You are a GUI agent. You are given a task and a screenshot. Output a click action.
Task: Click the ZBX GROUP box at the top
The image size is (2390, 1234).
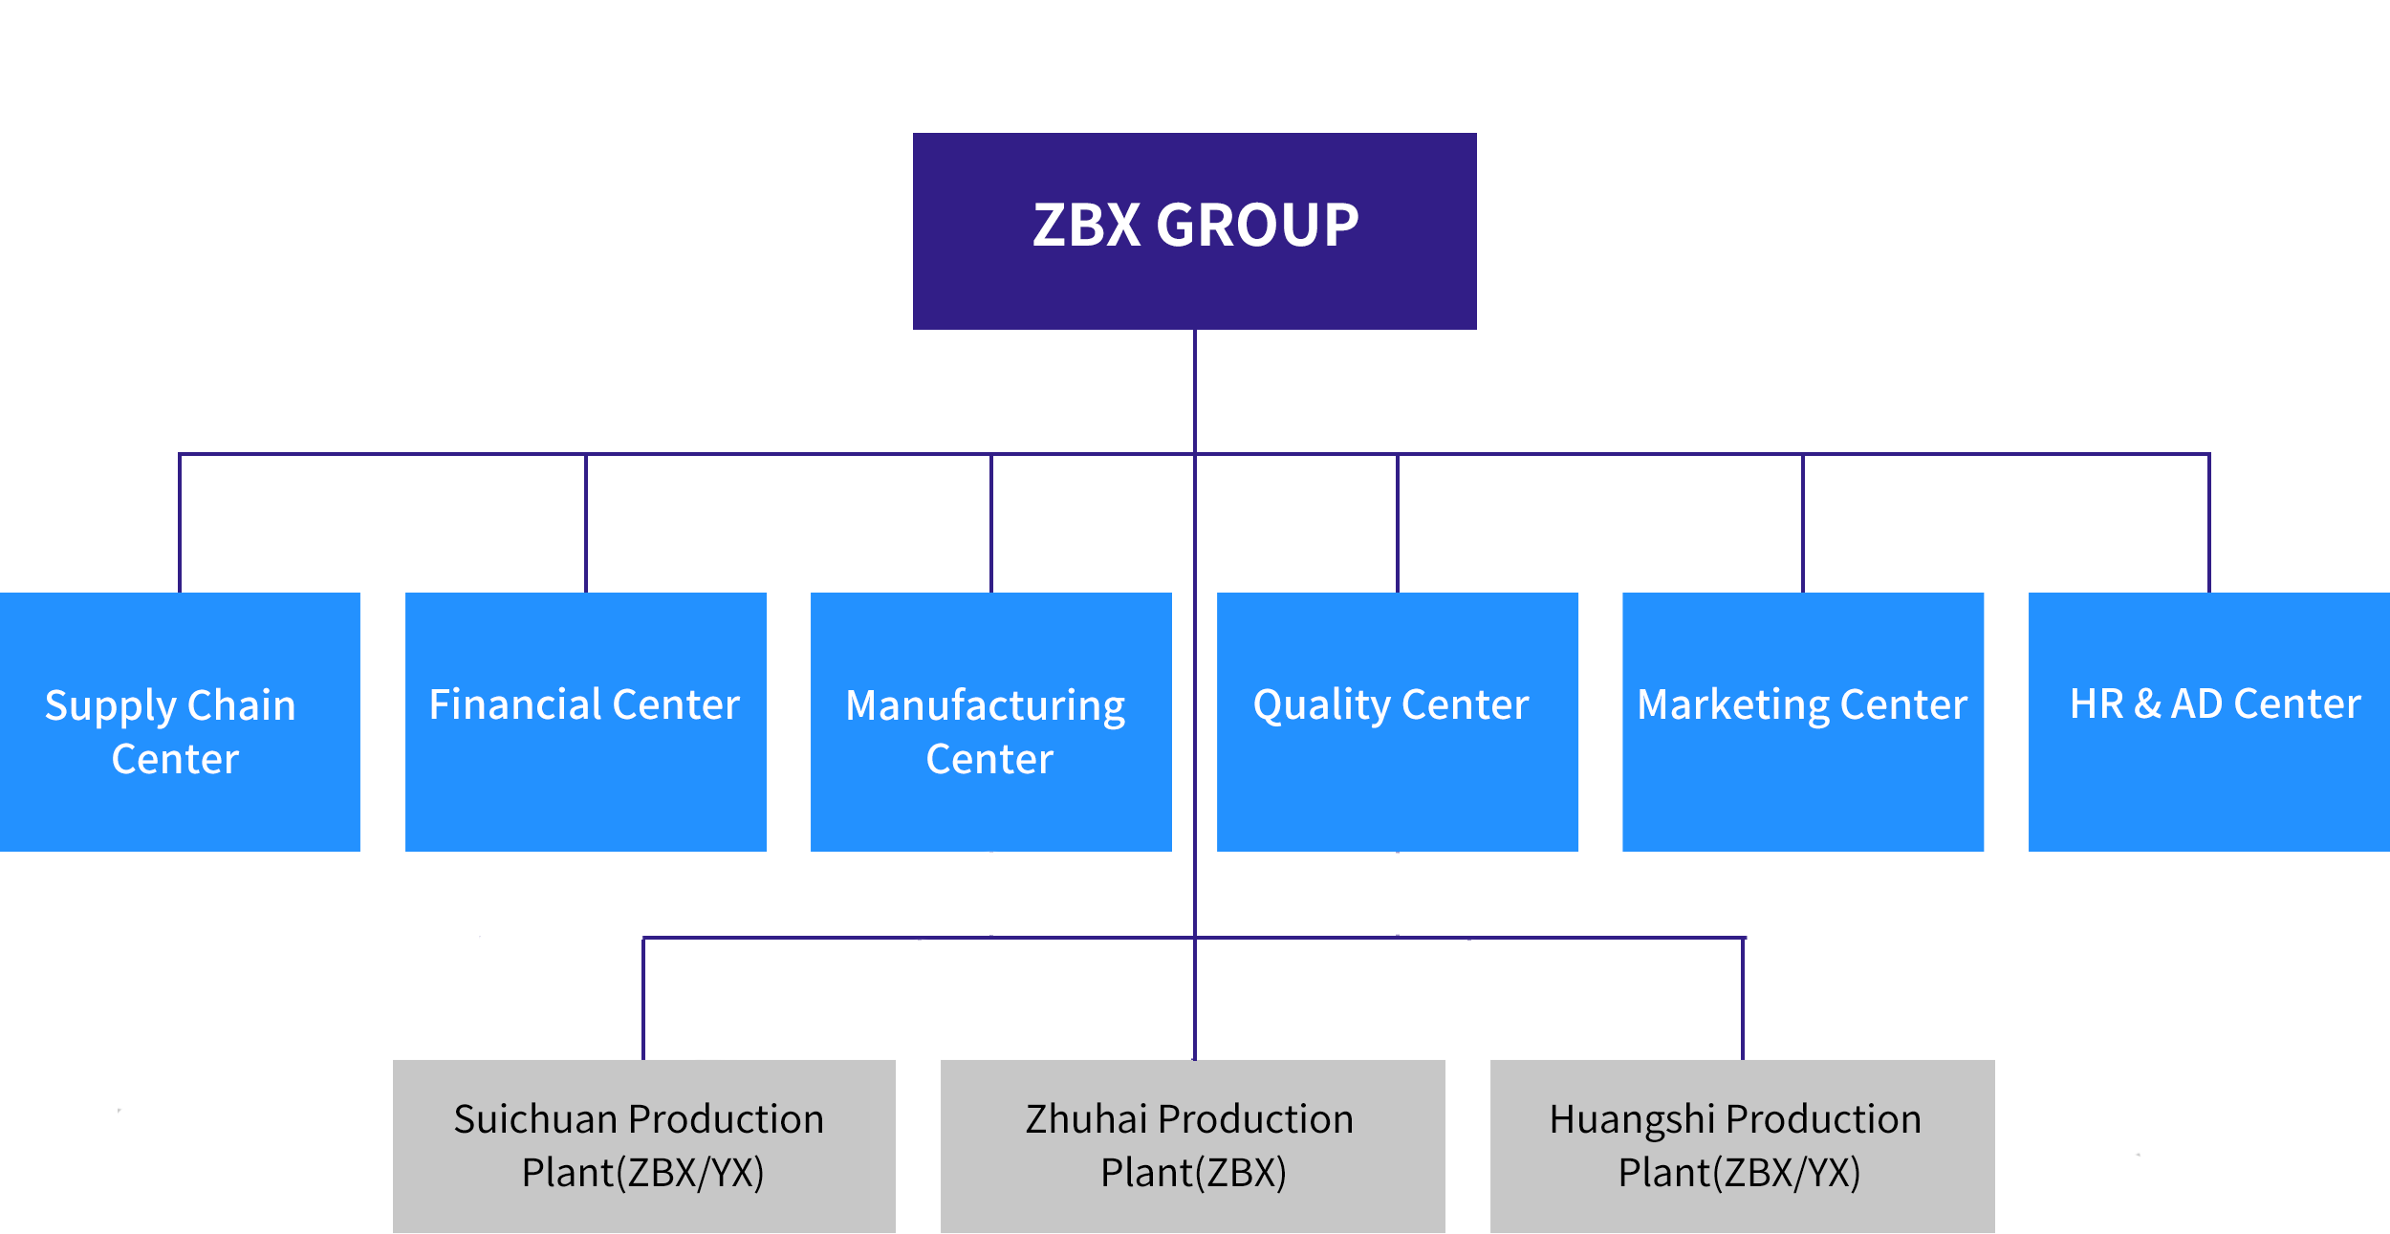click(1194, 232)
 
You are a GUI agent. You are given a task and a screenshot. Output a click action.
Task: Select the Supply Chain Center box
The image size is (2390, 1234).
click(181, 722)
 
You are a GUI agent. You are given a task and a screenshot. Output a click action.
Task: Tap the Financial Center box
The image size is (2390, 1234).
click(585, 722)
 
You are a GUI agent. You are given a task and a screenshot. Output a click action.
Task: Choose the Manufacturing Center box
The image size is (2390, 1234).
click(990, 722)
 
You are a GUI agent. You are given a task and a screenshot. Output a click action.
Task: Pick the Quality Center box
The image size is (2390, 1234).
click(1397, 722)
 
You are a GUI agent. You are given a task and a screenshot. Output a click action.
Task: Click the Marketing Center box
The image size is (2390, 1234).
click(1803, 722)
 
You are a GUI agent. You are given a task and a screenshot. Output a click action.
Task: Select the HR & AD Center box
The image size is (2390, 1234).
click(2208, 722)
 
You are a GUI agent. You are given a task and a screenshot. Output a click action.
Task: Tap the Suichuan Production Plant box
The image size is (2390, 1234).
click(644, 1145)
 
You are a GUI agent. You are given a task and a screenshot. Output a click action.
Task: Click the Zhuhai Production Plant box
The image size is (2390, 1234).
click(1192, 1145)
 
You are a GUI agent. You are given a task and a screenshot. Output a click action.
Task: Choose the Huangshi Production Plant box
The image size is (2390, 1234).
click(1741, 1145)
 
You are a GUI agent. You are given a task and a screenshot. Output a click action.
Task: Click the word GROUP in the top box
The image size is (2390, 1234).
click(1257, 226)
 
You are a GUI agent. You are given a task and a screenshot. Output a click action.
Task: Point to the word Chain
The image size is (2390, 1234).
click(241, 705)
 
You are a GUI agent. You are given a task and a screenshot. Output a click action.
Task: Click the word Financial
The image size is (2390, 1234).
click(514, 704)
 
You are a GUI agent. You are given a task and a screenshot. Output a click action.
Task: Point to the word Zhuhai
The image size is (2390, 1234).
click(1086, 1118)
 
